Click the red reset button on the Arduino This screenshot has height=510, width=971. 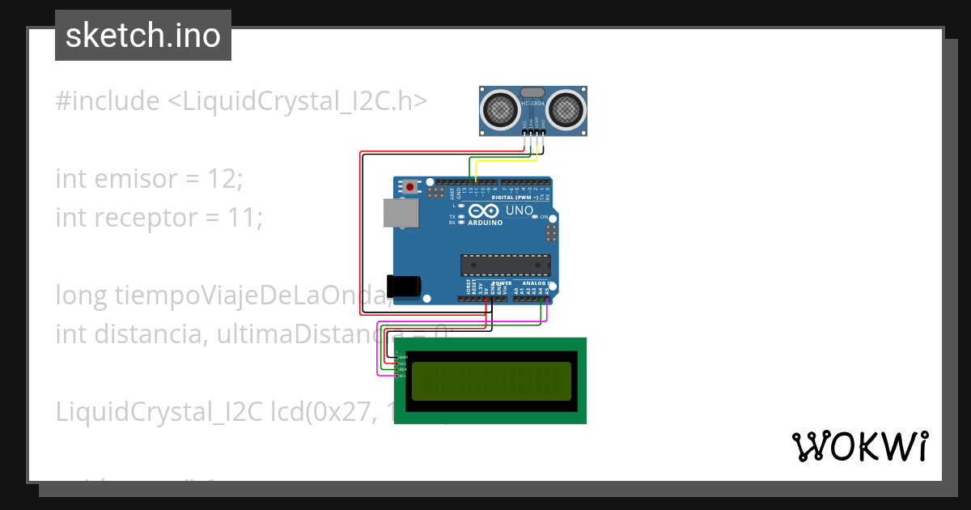pos(411,188)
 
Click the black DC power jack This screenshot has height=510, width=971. pos(404,286)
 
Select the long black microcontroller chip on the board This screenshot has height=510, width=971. pos(506,265)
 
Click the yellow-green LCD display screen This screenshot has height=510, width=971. pos(491,381)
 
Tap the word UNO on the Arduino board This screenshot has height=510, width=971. pos(519,211)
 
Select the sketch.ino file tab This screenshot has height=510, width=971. pos(143,36)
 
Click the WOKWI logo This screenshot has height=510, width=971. pos(859,446)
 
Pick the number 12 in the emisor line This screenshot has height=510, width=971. pos(223,178)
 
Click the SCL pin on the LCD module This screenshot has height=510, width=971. pos(397,376)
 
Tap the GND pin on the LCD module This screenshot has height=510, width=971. pos(397,357)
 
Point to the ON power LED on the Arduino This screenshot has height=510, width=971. pos(545,218)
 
